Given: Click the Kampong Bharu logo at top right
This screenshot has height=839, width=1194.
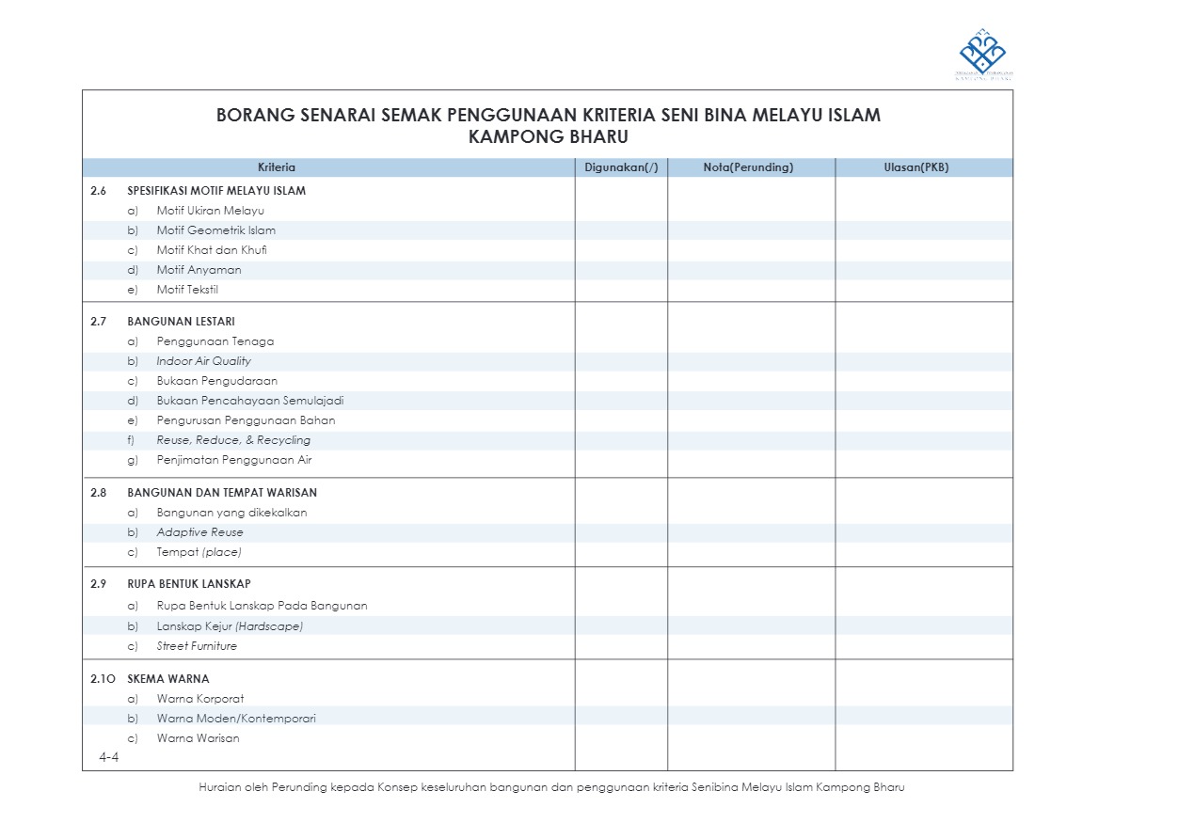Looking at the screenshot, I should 982,55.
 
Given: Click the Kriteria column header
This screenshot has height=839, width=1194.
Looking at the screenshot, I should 277,167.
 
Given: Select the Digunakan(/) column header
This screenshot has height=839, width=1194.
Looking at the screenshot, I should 621,167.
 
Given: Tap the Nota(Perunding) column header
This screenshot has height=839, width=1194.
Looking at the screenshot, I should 749,167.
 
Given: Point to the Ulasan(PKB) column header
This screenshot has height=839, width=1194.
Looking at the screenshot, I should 922,167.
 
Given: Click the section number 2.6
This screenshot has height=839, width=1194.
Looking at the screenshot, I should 99,191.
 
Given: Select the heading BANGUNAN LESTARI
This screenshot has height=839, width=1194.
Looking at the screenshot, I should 181,322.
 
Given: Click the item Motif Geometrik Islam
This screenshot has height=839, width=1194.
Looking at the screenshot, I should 215,230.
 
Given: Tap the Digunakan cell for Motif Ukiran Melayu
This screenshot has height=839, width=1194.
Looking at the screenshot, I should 621,211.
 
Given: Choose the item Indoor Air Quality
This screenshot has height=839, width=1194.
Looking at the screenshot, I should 203,361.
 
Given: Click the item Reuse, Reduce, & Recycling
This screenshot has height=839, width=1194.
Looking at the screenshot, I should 233,440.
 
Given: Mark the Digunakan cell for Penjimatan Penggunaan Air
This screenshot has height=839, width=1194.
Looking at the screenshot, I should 621,460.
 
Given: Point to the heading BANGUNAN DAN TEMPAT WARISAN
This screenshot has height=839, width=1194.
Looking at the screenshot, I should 222,493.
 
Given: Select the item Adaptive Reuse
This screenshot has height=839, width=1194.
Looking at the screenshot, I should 199,532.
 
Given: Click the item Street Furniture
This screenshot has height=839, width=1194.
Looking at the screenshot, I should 197,646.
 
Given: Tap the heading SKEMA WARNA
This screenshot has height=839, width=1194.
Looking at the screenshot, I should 167,679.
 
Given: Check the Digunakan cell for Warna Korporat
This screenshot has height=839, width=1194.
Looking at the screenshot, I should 621,699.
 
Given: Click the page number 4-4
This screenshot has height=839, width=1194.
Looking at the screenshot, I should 108,757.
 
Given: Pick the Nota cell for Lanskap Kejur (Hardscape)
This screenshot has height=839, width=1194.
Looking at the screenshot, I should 751,626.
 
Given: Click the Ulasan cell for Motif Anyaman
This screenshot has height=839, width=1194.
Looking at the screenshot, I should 923,270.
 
